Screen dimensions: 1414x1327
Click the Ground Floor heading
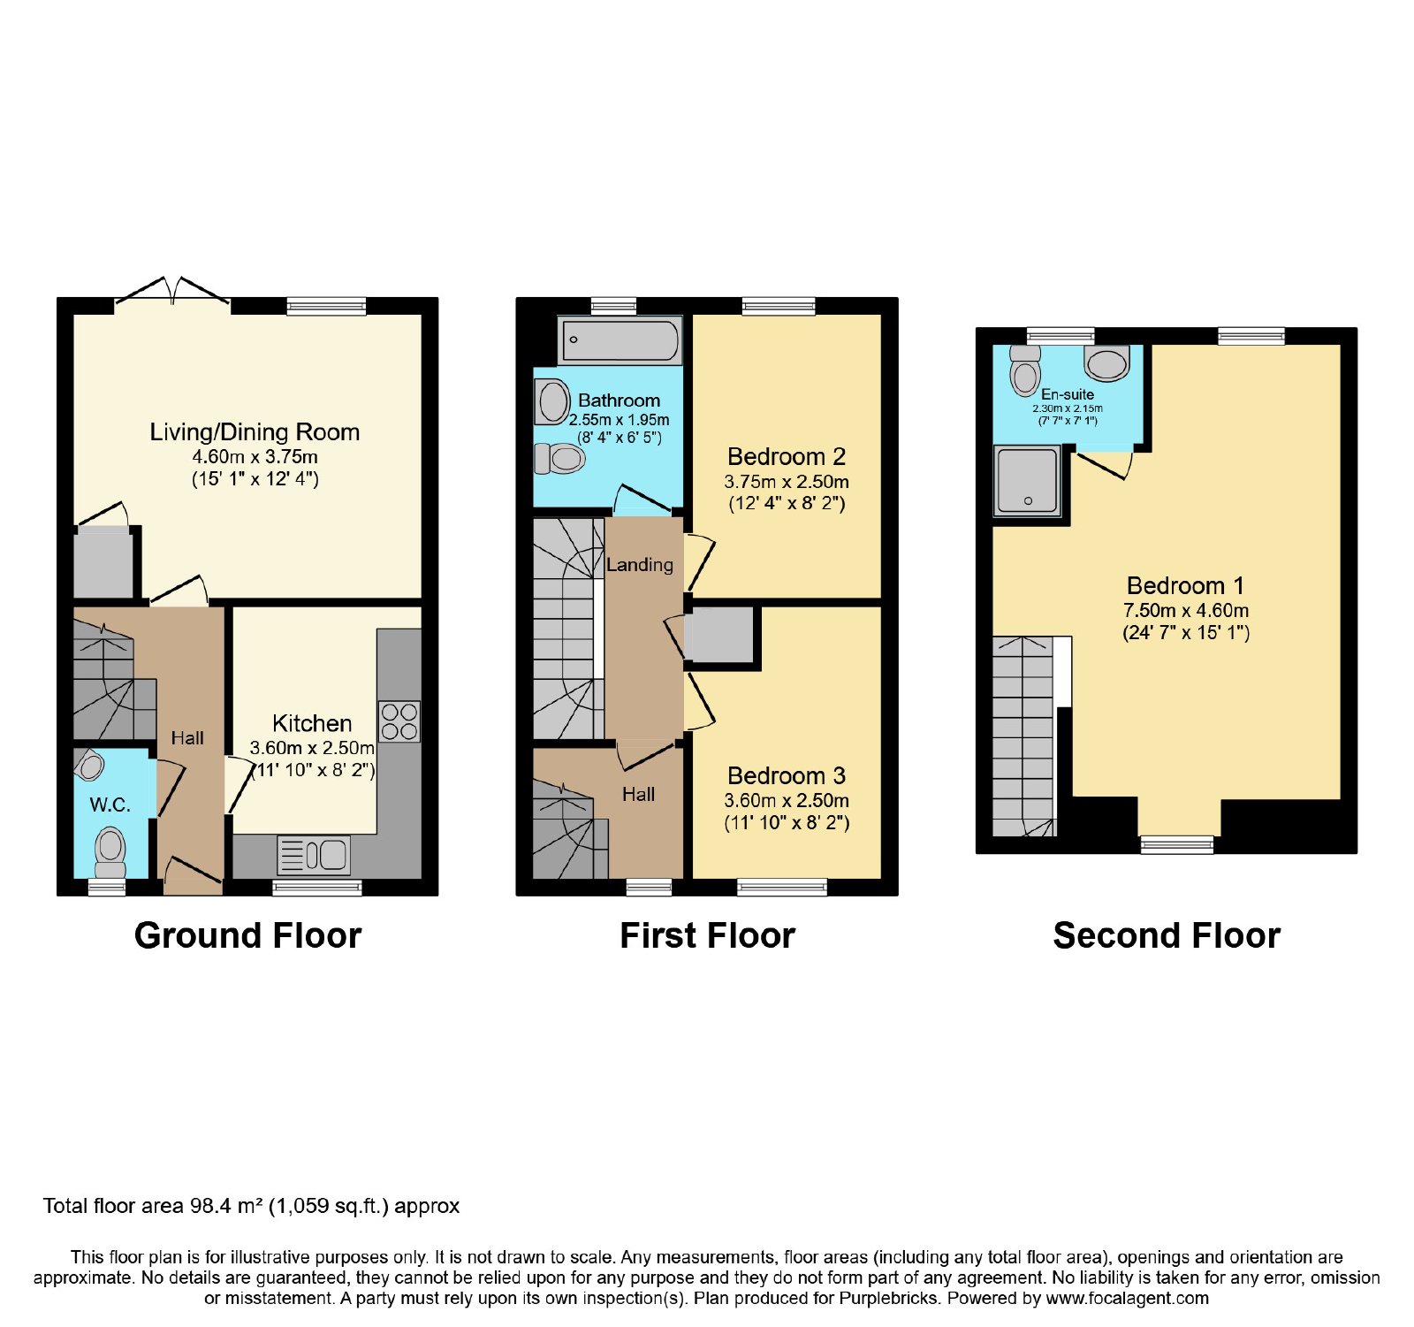(x=247, y=935)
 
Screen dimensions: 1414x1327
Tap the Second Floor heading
(x=1167, y=935)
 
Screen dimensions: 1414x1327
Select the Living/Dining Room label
(x=255, y=432)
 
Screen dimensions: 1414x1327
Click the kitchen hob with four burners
(x=399, y=721)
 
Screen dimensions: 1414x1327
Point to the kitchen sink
(x=314, y=855)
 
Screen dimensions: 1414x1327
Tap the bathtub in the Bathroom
(x=620, y=340)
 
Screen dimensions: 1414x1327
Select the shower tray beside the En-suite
(x=1027, y=481)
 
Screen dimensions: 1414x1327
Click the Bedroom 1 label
(x=1185, y=585)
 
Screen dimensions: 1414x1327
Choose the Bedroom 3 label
(x=787, y=775)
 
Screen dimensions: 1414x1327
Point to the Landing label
(x=640, y=565)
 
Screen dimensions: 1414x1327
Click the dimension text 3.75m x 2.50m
(x=787, y=482)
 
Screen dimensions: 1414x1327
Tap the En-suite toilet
(x=1025, y=370)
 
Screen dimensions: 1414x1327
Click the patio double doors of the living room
(x=172, y=291)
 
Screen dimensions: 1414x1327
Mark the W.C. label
(x=110, y=805)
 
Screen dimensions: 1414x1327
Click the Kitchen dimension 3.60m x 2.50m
(x=312, y=748)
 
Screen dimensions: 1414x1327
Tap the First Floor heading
(x=707, y=935)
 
